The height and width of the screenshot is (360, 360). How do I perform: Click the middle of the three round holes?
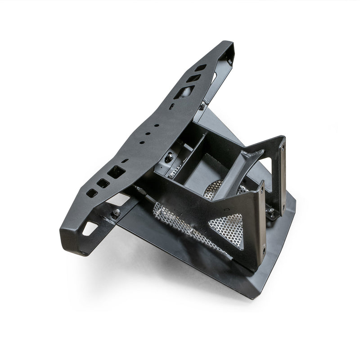click(149, 134)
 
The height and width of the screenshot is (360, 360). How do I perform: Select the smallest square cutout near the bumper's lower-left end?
click(92, 193)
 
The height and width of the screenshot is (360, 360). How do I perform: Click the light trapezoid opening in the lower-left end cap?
click(90, 229)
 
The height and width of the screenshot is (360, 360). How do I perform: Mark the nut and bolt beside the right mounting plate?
click(271, 210)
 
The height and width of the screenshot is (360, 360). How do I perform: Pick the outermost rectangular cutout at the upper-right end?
click(201, 68)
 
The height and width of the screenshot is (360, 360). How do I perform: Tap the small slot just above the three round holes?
click(172, 106)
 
